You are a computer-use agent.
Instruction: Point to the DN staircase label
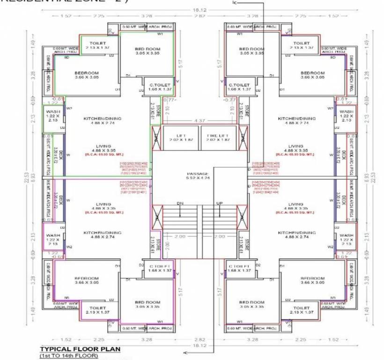coord(180,203)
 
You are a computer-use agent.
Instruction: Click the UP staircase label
coord(219,203)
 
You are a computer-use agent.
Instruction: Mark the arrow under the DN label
coord(180,212)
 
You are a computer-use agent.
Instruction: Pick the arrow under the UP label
coord(219,212)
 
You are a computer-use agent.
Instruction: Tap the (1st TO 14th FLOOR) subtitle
coord(69,356)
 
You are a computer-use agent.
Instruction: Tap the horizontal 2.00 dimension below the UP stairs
coord(219,237)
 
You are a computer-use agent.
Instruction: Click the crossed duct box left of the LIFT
coord(156,135)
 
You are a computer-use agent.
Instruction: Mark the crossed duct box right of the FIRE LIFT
coord(243,135)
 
